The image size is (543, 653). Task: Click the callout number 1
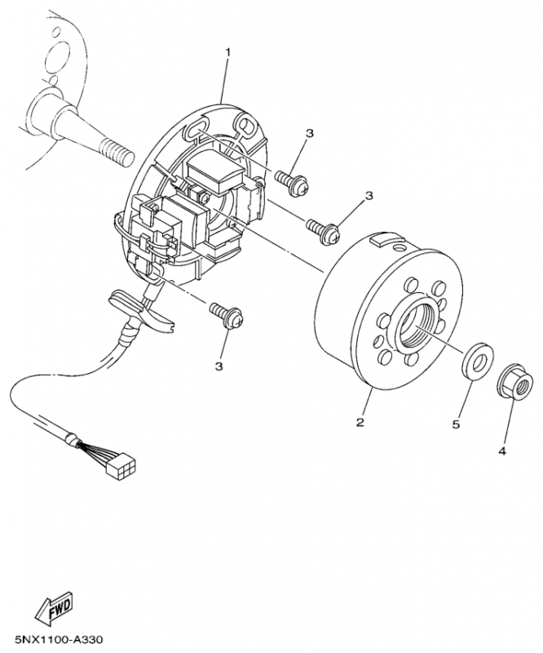(227, 52)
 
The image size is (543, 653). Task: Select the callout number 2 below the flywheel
(359, 422)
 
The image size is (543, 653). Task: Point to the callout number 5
(457, 424)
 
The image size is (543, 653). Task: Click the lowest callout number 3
(219, 366)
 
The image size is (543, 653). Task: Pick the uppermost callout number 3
(310, 133)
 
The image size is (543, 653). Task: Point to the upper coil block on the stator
(214, 174)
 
